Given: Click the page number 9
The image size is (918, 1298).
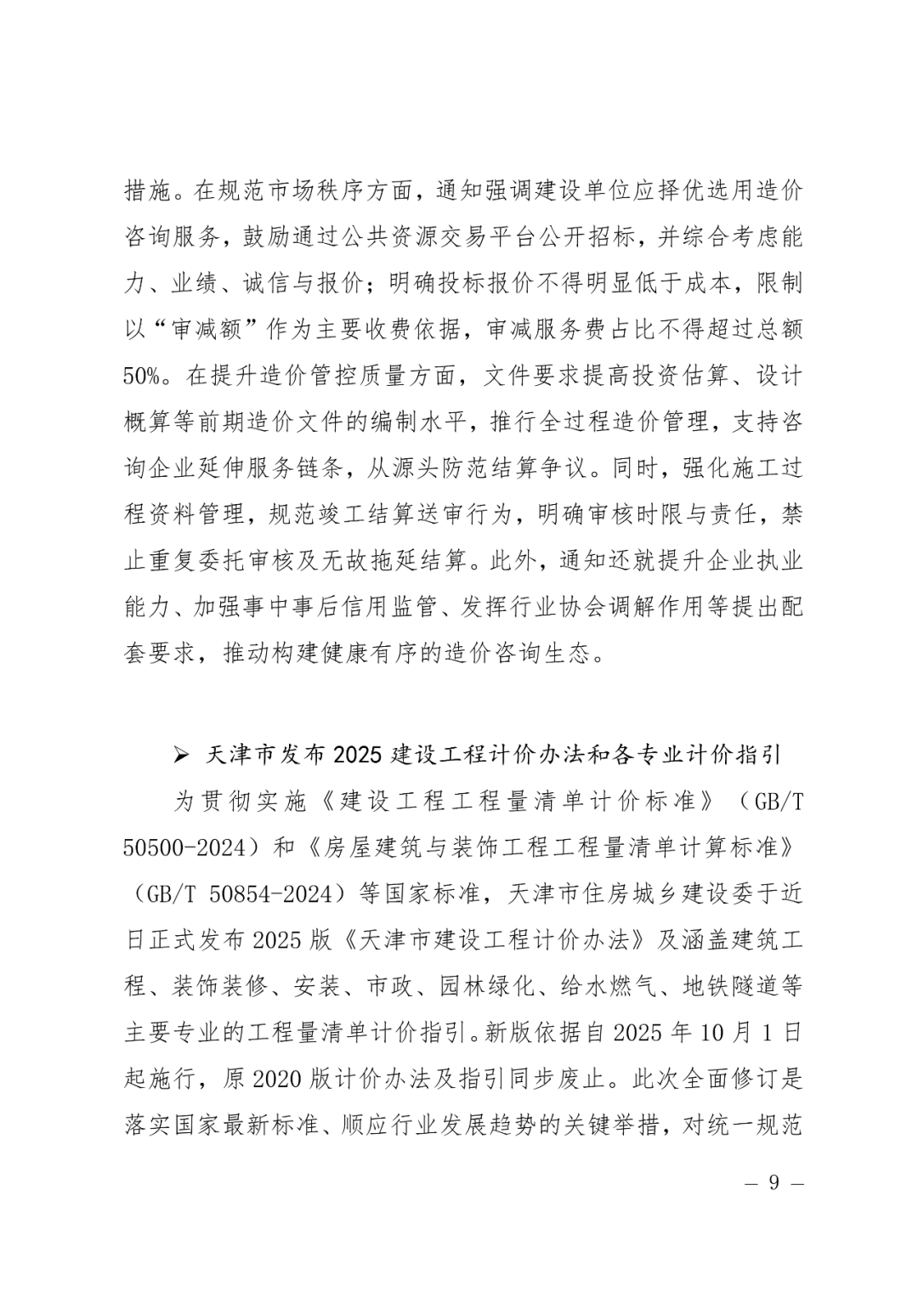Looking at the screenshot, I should pos(773,1183).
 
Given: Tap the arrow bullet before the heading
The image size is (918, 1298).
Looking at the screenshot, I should pos(180,754).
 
